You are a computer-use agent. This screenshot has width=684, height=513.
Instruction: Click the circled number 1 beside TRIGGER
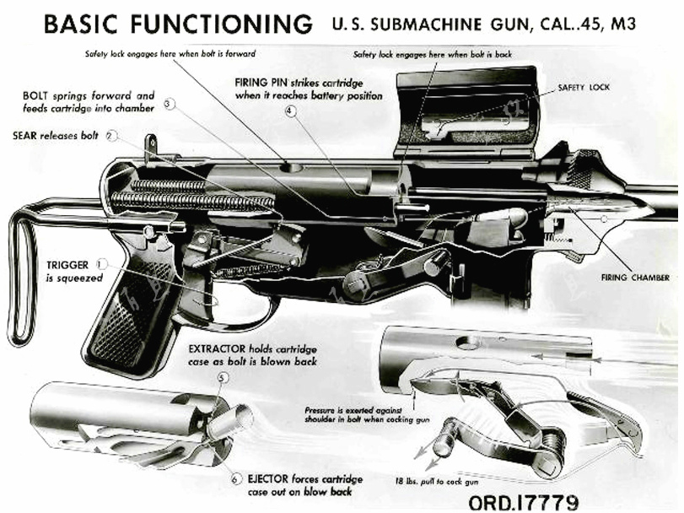point(102,263)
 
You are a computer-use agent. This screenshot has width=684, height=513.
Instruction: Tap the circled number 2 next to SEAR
point(112,134)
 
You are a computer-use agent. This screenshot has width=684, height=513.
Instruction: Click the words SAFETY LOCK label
point(584,87)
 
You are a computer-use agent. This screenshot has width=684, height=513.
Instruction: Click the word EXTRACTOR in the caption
point(221,347)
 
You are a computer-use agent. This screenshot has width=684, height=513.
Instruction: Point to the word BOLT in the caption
point(40,95)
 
